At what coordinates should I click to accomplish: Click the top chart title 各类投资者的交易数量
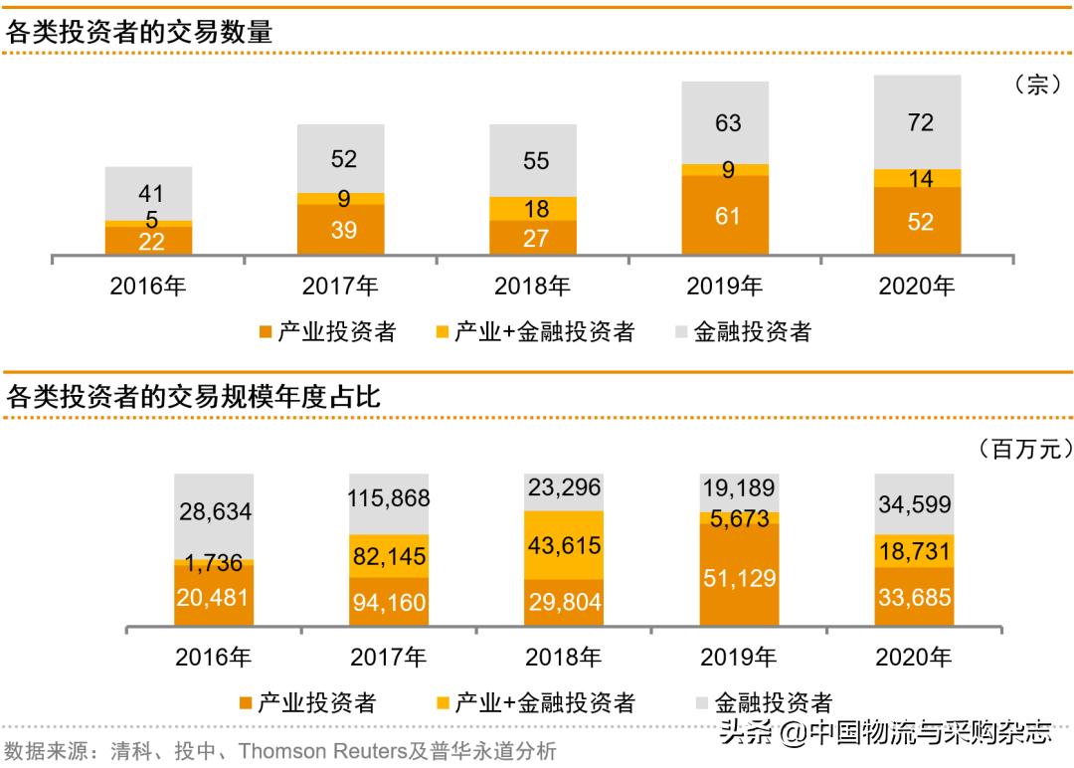coord(139,32)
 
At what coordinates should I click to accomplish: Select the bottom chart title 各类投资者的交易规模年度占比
coord(193,398)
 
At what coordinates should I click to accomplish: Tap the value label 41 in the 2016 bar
coord(150,193)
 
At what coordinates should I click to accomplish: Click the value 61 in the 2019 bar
coord(728,215)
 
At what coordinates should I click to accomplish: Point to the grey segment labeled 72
coord(920,122)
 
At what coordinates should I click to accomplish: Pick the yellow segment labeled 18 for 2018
coord(535,209)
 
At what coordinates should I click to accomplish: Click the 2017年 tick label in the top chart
coord(340,288)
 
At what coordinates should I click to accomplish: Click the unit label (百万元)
coord(1018,450)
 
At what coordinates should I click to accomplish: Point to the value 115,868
coord(390,497)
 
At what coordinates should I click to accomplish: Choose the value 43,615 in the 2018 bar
coord(565,546)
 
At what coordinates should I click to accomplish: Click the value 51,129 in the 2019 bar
coord(739,578)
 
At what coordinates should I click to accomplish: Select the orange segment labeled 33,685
coord(914,598)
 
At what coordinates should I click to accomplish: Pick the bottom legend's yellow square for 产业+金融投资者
coord(443,703)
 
